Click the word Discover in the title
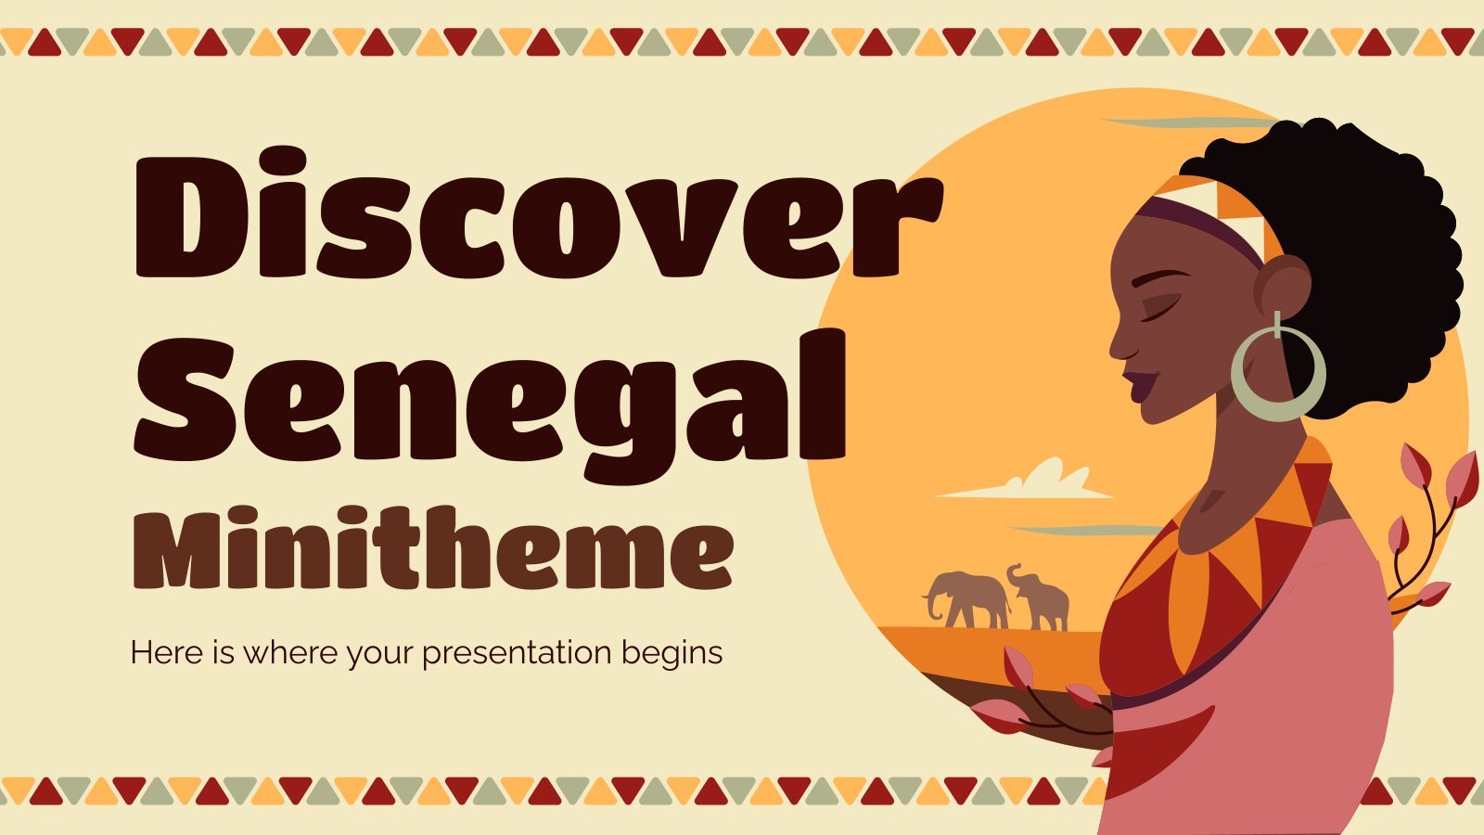point(539,212)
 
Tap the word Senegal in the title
point(491,405)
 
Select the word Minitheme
point(433,547)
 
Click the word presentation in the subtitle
point(516,653)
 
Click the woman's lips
point(1140,386)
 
